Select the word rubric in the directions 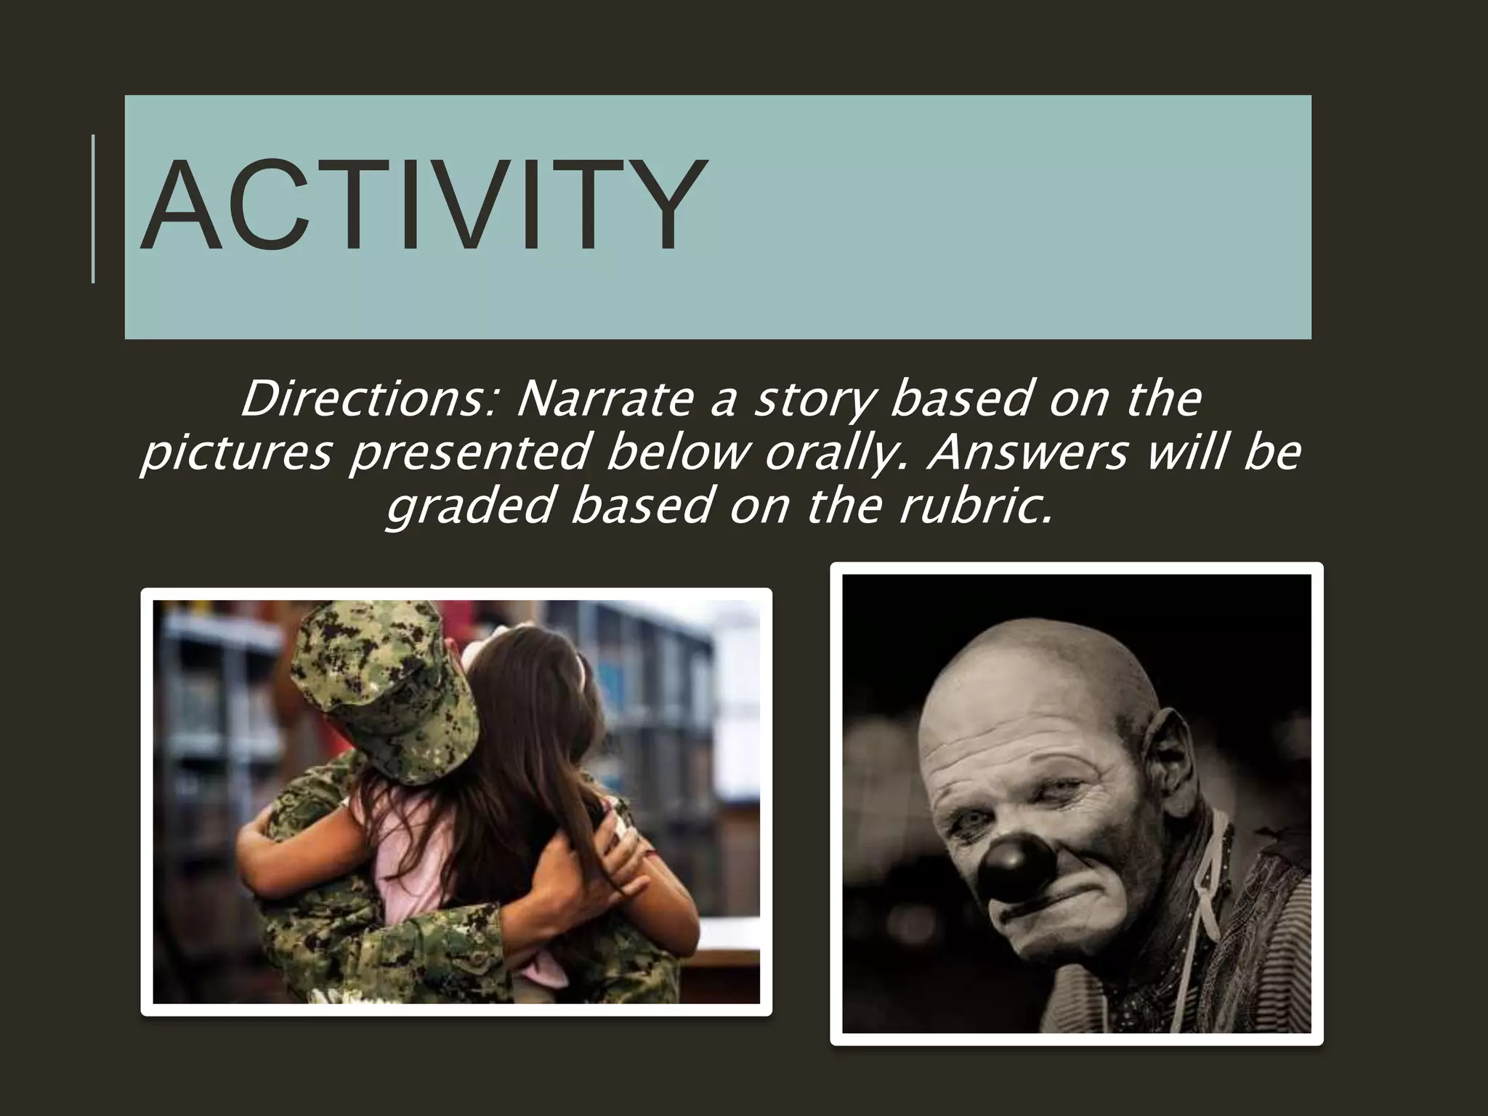974,506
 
